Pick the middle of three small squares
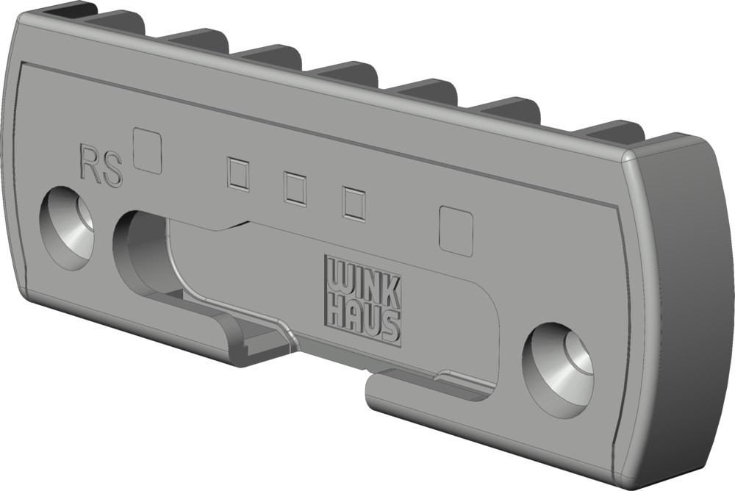coord(295,188)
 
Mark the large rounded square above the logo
coord(455,231)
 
